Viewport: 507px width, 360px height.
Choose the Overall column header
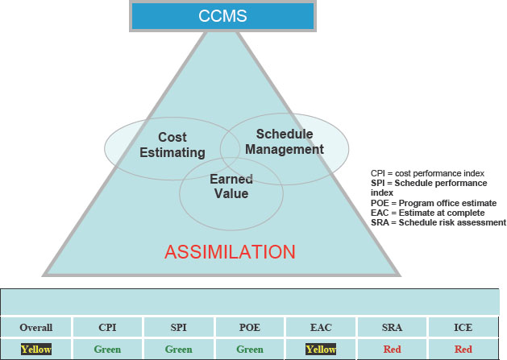click(36, 328)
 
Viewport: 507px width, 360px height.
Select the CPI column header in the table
click(107, 328)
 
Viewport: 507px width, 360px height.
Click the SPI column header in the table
click(178, 328)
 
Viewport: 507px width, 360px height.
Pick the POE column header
click(249, 328)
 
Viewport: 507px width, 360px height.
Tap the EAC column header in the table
click(320, 328)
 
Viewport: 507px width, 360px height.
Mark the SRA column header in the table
click(392, 328)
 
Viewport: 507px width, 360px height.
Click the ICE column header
click(463, 328)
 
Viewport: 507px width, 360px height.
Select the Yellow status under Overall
click(36, 350)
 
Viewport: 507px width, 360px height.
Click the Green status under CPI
click(107, 350)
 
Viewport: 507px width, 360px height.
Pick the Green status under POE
click(249, 350)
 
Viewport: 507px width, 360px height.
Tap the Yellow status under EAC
click(320, 350)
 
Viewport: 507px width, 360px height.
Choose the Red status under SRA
click(392, 350)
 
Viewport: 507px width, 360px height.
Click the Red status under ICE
click(463, 350)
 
